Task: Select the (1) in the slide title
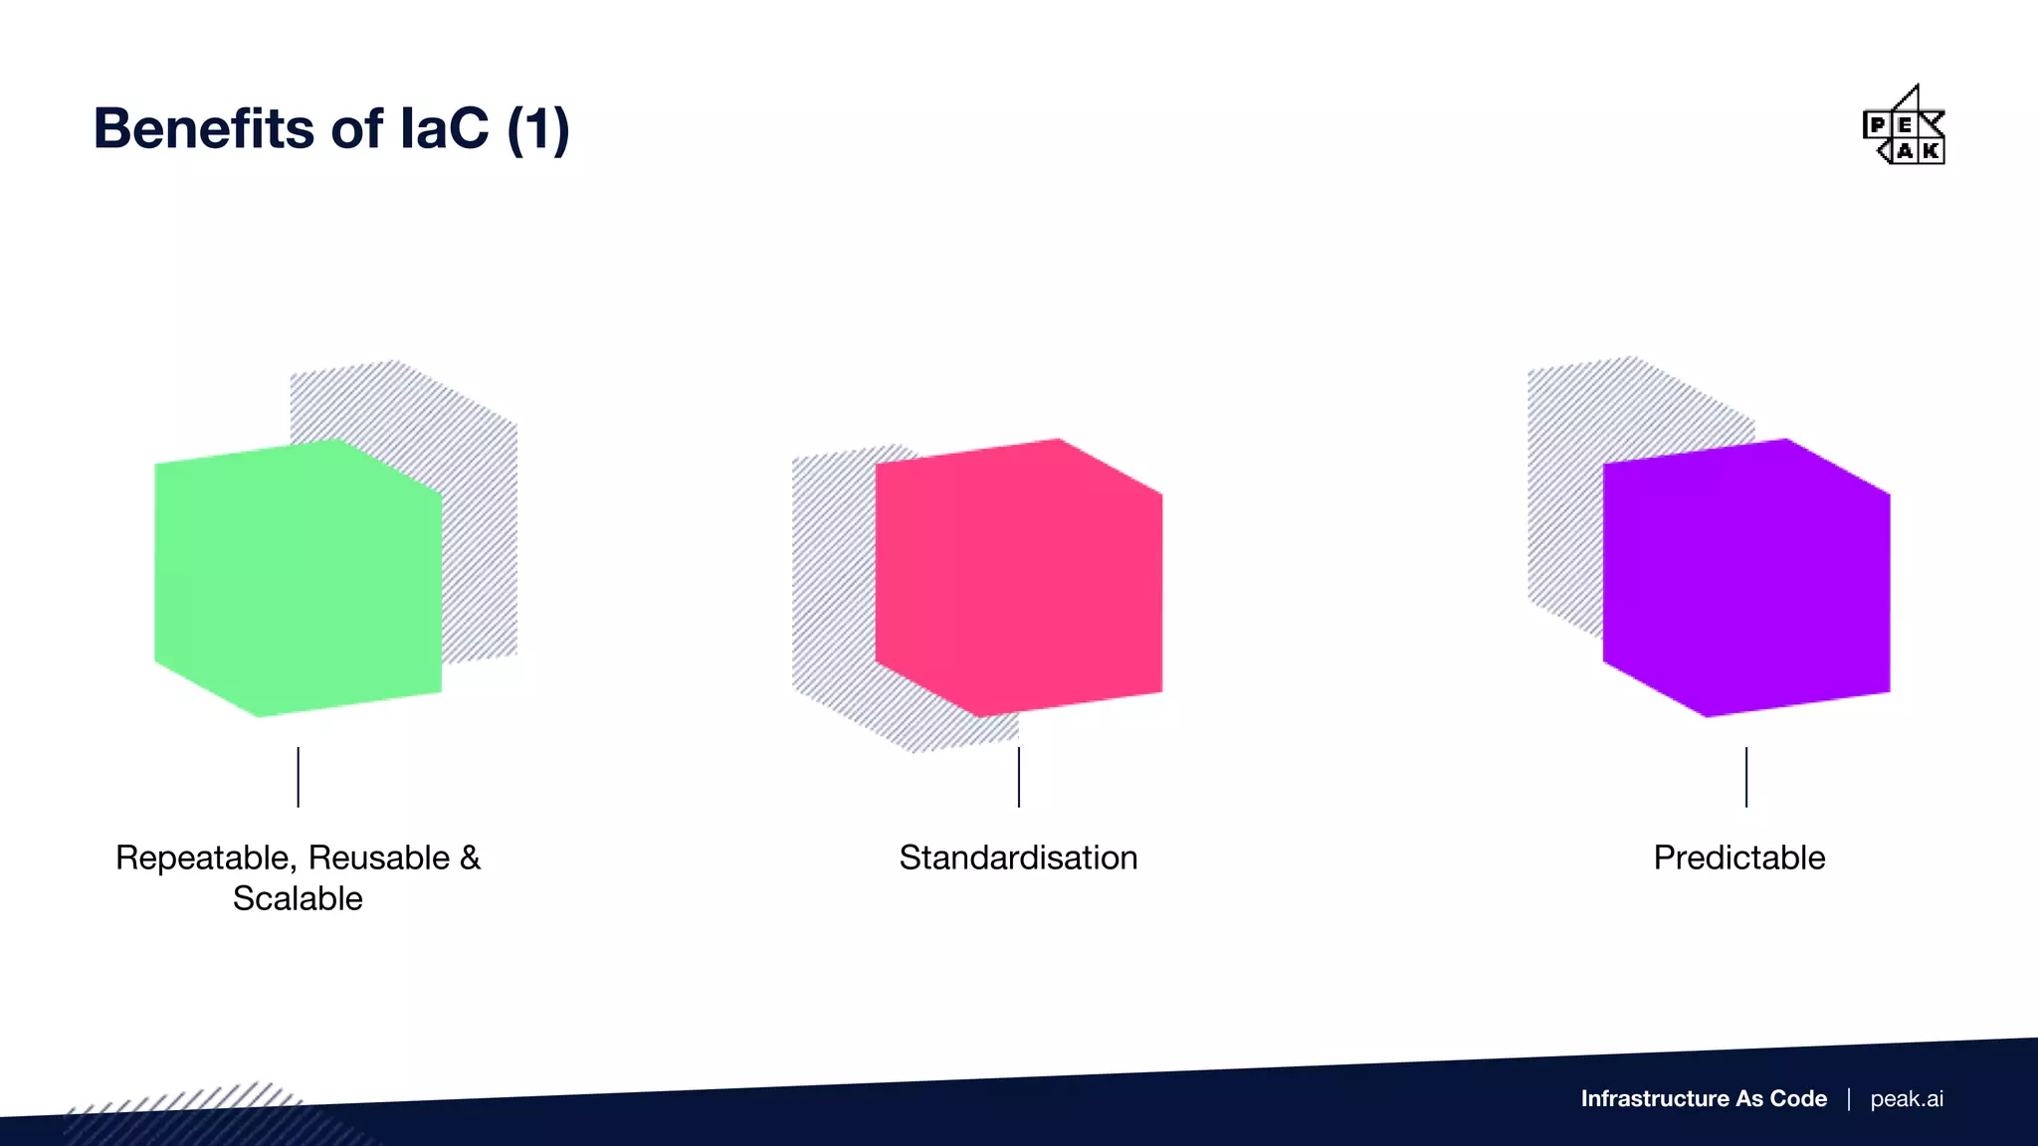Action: [538, 130]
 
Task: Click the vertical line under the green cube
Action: [298, 777]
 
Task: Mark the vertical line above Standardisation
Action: [1019, 777]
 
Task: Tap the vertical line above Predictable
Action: [1746, 777]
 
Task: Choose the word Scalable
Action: [298, 898]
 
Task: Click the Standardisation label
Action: [1018, 858]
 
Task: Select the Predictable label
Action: [1739, 858]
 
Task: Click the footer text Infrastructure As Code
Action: [1704, 1098]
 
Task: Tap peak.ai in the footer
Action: [1907, 1098]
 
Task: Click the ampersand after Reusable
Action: [470, 858]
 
